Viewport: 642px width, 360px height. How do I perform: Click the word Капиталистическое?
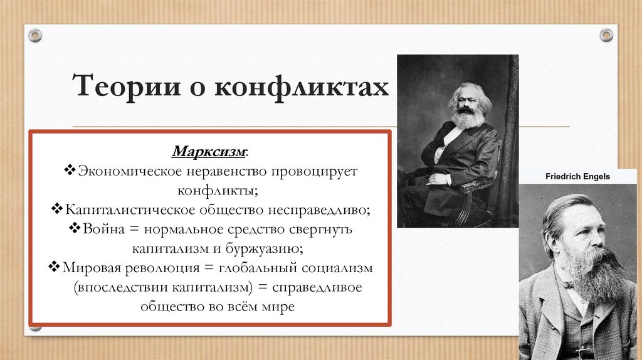129,209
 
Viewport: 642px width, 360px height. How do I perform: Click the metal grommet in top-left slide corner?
36,34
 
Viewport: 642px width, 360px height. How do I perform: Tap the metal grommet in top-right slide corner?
606,34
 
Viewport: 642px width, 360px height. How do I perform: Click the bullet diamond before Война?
75,228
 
